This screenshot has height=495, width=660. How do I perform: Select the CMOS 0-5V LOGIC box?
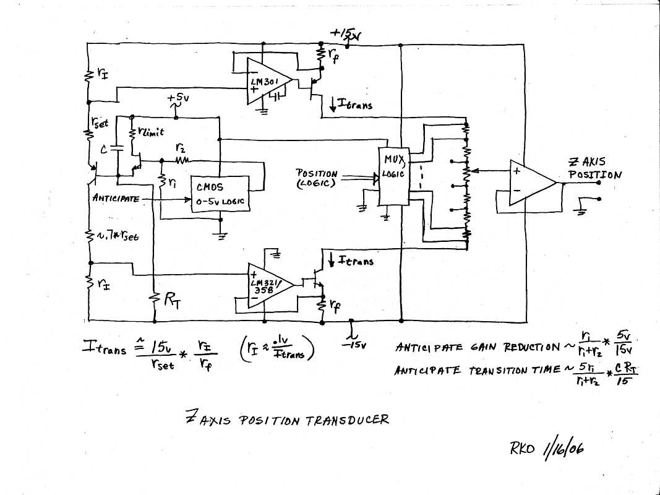(x=219, y=194)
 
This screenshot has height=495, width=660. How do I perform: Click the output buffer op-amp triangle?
(x=529, y=183)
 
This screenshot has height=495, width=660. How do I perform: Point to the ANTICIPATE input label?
(x=114, y=198)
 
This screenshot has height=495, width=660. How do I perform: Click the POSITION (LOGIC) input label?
(x=316, y=179)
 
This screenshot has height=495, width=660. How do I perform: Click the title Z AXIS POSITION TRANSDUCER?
(x=288, y=420)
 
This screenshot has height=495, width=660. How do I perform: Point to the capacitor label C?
(x=103, y=148)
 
